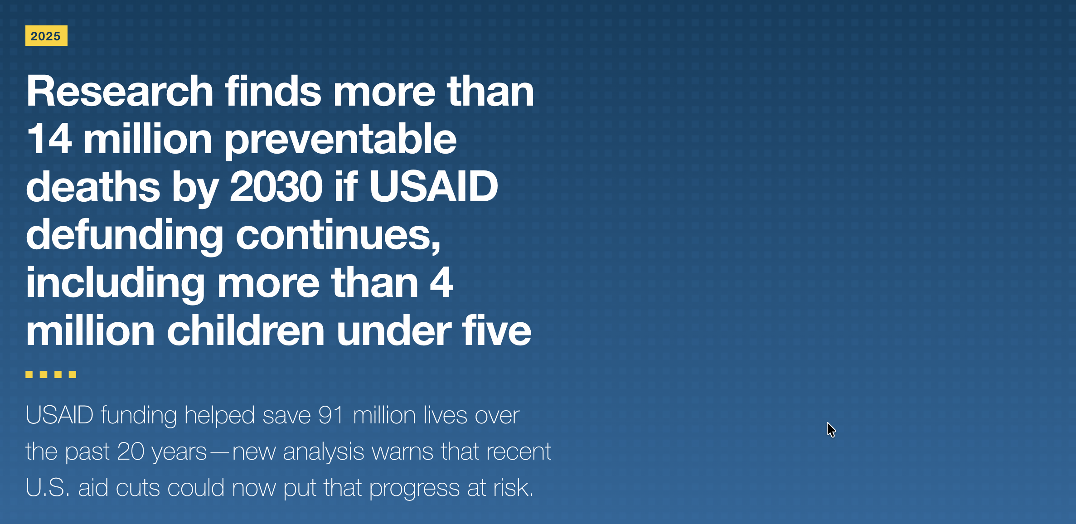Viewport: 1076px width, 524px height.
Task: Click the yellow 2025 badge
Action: [x=46, y=36]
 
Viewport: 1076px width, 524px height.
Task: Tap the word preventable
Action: [x=340, y=141]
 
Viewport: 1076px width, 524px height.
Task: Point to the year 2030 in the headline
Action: [x=276, y=187]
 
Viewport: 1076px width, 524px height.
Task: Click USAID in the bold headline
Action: [x=434, y=187]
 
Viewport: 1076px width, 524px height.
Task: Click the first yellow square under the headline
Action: [x=29, y=374]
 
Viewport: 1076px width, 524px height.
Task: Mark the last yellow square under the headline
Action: [x=73, y=374]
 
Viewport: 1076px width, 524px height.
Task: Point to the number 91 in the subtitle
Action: [x=331, y=415]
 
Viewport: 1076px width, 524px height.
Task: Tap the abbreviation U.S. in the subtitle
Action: [x=48, y=488]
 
